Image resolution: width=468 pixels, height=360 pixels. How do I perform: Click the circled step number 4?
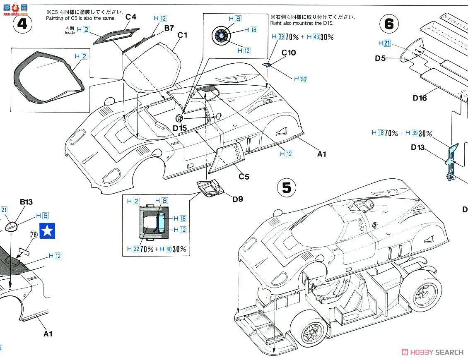(x=22, y=24)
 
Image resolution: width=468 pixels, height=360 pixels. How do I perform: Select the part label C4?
(x=131, y=17)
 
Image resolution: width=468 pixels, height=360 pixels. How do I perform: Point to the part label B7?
(x=169, y=28)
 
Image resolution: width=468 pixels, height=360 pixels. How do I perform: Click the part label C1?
(x=182, y=35)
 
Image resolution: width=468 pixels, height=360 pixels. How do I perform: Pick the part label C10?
(x=289, y=53)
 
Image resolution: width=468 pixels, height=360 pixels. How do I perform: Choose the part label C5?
(x=244, y=176)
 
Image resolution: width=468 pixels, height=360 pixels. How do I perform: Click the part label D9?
(x=237, y=199)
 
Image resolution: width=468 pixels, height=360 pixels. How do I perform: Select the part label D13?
(x=418, y=147)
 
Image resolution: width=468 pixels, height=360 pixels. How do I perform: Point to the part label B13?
(x=26, y=202)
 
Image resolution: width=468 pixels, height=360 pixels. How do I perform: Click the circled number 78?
(x=34, y=234)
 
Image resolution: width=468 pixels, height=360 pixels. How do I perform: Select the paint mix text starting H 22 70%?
(x=157, y=249)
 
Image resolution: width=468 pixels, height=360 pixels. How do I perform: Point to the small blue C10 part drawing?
(x=268, y=65)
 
